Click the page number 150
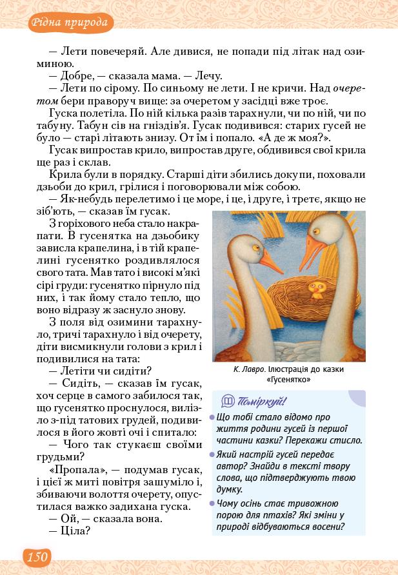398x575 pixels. point(37,556)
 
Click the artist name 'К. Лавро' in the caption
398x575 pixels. point(249,369)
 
